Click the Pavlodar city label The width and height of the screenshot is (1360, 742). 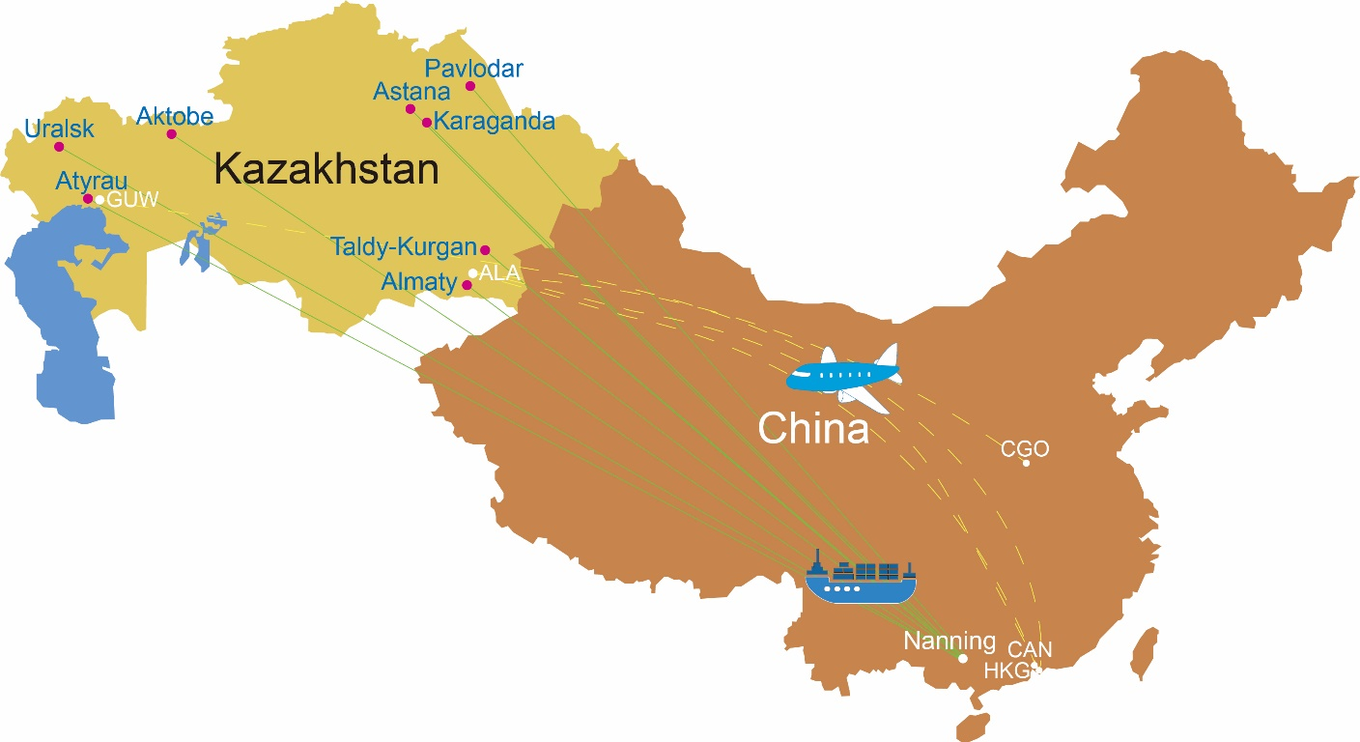point(474,69)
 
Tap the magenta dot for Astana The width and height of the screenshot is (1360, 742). point(411,108)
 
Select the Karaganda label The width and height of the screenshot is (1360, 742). point(495,122)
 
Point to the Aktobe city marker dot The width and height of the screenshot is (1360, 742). point(172,134)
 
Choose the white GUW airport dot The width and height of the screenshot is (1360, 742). point(99,200)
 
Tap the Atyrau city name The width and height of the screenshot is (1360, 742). point(91,181)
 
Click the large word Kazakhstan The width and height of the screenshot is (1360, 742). point(326,169)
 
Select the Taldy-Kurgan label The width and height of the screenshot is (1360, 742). point(404,246)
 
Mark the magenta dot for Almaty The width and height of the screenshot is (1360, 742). point(467,285)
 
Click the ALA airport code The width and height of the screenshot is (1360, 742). point(499,273)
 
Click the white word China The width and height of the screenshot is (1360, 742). point(813,428)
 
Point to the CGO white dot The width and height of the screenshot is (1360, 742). point(1026,463)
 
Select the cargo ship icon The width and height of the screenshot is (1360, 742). point(860,579)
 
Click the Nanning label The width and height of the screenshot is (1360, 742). point(949,641)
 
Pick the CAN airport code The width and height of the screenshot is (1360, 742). point(1029,650)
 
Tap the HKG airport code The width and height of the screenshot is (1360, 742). point(1004,670)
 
